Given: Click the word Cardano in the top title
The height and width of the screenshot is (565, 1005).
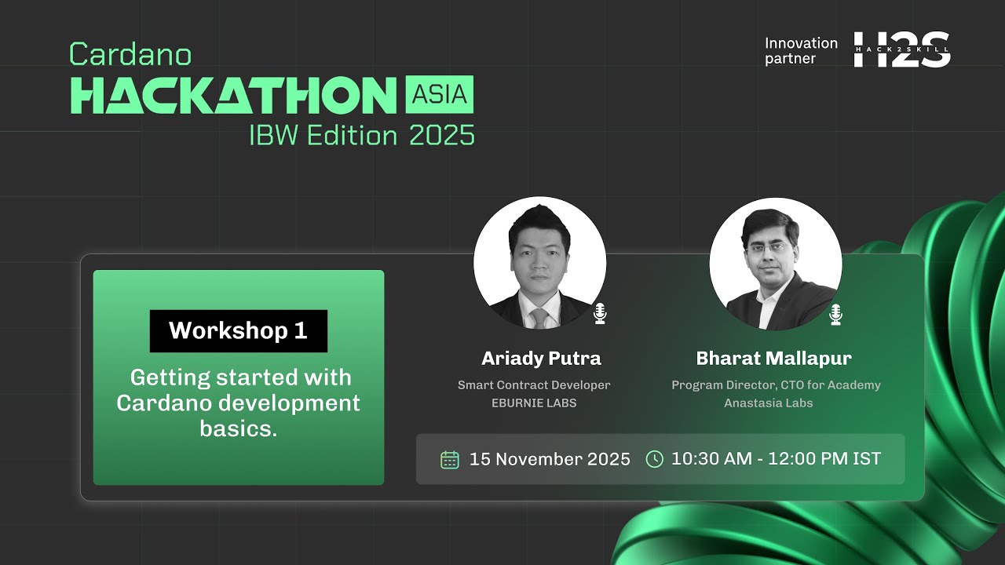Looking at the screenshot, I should [x=130, y=55].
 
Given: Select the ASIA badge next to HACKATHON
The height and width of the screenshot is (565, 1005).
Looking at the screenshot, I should [x=440, y=95].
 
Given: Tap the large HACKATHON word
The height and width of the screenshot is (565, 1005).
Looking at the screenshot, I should [x=233, y=96].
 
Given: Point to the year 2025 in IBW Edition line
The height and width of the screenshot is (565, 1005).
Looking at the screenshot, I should [x=442, y=136].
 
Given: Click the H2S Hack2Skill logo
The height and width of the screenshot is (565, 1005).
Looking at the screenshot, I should [x=901, y=49].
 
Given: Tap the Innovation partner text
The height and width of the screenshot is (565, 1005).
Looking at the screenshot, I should [x=801, y=51].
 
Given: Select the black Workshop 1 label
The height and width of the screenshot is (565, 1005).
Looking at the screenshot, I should [x=238, y=330].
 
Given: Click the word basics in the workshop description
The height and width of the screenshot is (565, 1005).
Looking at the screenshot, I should [x=238, y=428].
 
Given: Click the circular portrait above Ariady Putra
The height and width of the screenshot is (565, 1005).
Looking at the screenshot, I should [x=539, y=263].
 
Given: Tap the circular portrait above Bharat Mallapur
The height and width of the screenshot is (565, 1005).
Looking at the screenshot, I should [x=775, y=263].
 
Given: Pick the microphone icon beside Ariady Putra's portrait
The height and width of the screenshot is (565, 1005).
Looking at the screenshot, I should [x=600, y=314].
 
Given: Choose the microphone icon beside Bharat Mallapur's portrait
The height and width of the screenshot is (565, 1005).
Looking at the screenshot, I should [x=835, y=314].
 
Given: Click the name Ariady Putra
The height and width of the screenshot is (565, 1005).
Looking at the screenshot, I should [x=541, y=359].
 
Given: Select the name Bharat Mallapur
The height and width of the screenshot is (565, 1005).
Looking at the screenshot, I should [x=773, y=359].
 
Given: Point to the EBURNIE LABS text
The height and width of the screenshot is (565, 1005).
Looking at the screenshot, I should [x=533, y=403].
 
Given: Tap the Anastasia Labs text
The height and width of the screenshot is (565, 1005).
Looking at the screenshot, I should [x=768, y=403].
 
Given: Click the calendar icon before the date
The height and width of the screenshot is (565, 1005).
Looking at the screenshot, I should [x=449, y=459].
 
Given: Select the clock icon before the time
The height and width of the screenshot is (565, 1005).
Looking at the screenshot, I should [x=654, y=459].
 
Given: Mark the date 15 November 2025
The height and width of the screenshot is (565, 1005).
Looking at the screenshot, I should [x=550, y=459].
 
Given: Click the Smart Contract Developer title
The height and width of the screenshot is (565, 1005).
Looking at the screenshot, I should [x=534, y=385].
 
